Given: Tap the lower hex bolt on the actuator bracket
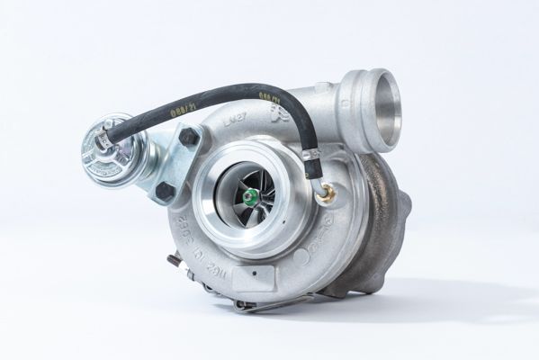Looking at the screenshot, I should click(164, 192).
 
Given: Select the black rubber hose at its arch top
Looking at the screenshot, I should click(225, 92).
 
